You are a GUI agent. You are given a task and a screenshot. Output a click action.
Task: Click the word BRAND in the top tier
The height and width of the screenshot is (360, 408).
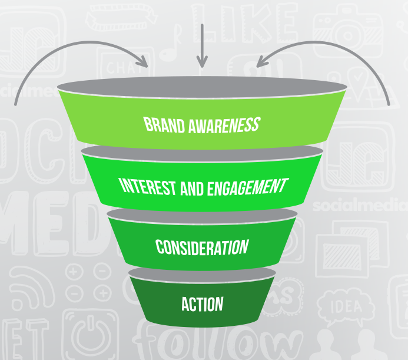tap(163, 125)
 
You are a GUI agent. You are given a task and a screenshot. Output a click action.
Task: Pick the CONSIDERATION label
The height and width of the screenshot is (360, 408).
tap(202, 247)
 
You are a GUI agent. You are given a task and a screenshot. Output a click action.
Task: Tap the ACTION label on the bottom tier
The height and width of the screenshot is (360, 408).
tap(202, 305)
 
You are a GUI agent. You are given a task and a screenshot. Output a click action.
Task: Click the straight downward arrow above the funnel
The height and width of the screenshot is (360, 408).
tap(202, 44)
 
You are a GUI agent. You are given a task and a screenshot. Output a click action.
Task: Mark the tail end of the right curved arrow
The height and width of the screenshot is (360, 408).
tap(389, 104)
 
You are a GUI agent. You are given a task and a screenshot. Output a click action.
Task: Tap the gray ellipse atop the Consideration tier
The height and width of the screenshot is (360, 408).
tap(202, 215)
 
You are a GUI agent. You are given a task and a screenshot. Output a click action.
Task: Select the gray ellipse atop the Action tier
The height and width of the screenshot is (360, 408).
tap(202, 273)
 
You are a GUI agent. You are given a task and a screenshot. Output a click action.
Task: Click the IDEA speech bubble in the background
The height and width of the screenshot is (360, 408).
tap(345, 306)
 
